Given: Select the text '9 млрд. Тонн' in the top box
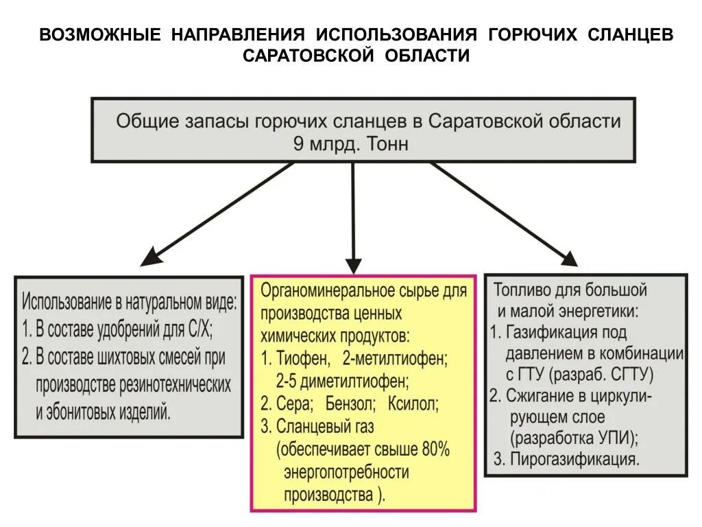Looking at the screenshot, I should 351,144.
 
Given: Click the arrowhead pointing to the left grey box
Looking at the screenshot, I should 149,259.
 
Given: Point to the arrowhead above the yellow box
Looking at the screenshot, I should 353,266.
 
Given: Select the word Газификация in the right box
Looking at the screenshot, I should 547,332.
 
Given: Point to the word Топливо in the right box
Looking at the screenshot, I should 522,290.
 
